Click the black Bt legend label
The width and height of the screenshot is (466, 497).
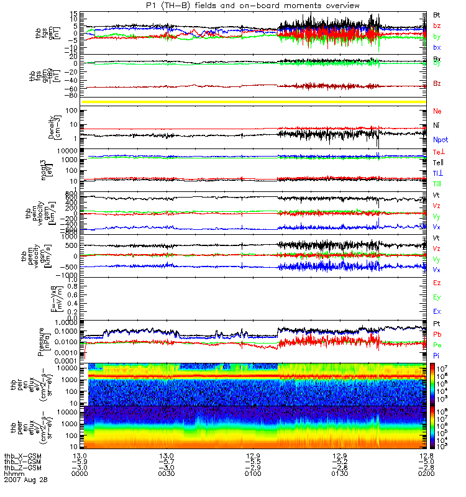(437, 14)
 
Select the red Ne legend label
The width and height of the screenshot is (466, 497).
(437, 111)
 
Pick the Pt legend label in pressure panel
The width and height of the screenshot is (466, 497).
(437, 324)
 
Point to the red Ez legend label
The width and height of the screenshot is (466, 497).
(437, 283)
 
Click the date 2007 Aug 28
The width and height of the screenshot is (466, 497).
(25, 480)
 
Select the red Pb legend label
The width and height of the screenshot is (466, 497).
(437, 334)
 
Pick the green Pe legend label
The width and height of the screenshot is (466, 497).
(437, 344)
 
